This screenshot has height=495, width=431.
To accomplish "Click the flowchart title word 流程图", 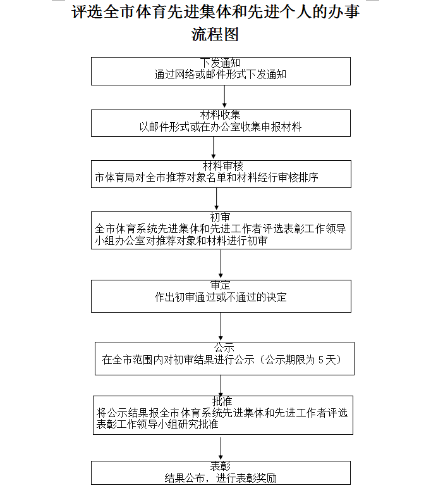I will tap(215, 35).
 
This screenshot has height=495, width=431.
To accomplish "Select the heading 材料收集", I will tap(221, 115).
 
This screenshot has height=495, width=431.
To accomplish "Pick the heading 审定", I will tap(221, 285).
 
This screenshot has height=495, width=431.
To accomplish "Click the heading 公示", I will tap(224, 348).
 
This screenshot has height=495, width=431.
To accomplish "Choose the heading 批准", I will tap(222, 401).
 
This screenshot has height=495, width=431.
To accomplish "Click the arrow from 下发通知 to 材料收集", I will tap(224, 97).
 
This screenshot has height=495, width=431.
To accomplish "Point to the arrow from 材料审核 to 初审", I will tap(217, 199).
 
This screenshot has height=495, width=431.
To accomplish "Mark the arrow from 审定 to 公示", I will tap(221, 327).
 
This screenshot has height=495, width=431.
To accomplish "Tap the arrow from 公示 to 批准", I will tap(221, 385).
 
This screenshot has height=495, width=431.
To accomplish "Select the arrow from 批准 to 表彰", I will tap(221, 448).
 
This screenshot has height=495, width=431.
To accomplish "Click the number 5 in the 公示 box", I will tap(321, 360).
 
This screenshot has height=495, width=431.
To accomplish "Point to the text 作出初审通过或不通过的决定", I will tap(221, 297).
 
